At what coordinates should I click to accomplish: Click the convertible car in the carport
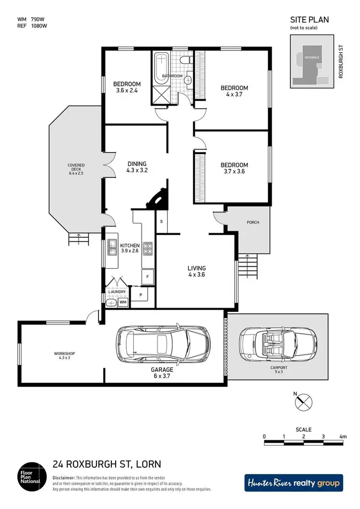pyautogui.click(x=277, y=344)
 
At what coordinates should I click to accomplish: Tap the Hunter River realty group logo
pyautogui.click(x=294, y=483)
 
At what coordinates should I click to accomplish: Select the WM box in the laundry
pyautogui.click(x=123, y=302)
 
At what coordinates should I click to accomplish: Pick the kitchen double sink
pyautogui.click(x=113, y=248)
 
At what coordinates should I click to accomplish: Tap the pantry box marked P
pyautogui.click(x=141, y=295)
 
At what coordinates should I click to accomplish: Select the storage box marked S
pyautogui.click(x=162, y=222)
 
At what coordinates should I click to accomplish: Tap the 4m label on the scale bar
pyautogui.click(x=343, y=436)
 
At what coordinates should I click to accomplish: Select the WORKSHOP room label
pyautogui.click(x=64, y=354)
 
